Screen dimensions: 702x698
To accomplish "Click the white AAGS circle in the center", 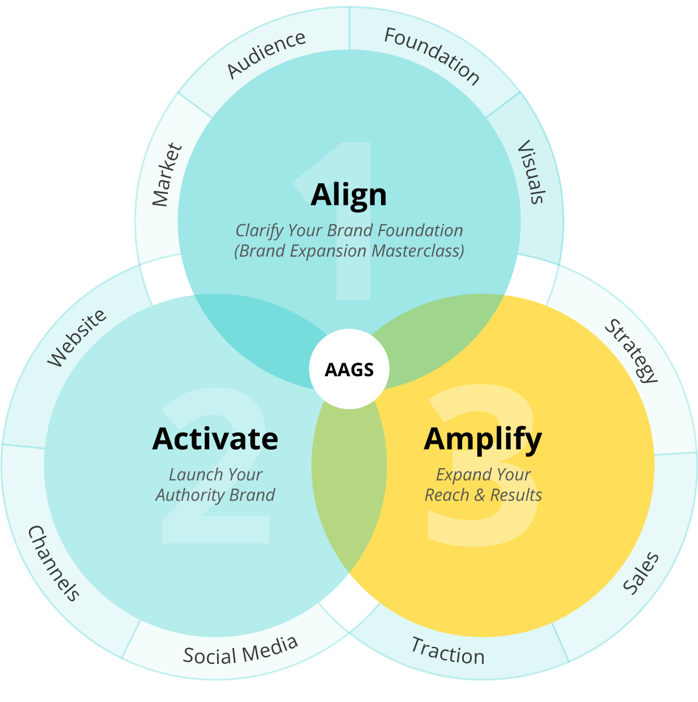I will (349, 369).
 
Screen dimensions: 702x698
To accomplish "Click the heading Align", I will (349, 195).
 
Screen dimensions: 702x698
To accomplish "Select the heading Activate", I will (215, 439).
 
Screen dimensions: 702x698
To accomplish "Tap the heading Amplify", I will (483, 439).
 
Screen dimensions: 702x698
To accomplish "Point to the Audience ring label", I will (266, 54).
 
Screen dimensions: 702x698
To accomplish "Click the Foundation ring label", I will (432, 56).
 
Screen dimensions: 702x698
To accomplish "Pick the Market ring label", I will (168, 175).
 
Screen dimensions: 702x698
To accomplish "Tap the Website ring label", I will (77, 338).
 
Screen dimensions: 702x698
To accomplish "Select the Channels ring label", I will (53, 563).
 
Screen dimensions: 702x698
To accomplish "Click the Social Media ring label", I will (240, 650).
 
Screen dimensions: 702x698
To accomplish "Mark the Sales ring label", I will (641, 573).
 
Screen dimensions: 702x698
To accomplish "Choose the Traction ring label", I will (448, 651).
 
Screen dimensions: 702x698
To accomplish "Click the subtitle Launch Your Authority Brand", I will (215, 485).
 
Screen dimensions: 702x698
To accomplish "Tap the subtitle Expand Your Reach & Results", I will (483, 485).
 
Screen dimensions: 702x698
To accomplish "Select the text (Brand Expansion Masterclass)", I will (349, 251).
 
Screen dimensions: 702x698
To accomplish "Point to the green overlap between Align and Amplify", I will (442, 335).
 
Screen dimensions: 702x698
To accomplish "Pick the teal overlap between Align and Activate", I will (255, 335).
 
